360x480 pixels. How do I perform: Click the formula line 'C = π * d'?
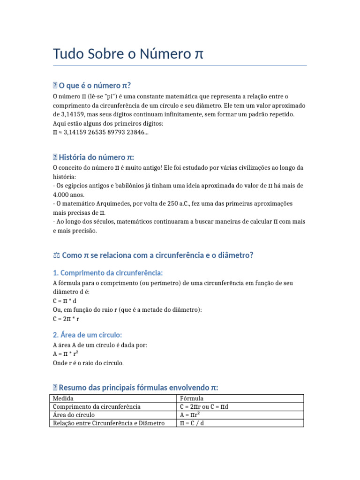[x=65, y=301]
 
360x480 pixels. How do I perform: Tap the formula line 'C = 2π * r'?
[x=66, y=319]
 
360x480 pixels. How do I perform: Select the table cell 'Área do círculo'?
[x=74, y=415]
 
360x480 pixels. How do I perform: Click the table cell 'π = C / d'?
[x=192, y=423]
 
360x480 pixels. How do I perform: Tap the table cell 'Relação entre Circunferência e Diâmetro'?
[x=108, y=423]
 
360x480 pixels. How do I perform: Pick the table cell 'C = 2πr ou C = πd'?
[x=204, y=406]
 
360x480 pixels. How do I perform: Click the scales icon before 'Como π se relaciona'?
[x=56, y=255]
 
